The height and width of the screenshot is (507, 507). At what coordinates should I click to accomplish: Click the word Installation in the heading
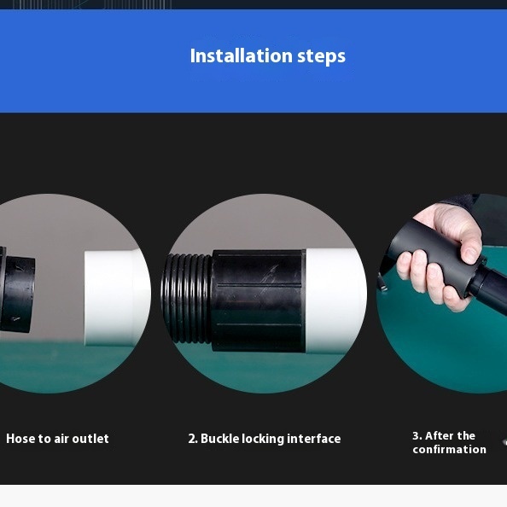point(242,55)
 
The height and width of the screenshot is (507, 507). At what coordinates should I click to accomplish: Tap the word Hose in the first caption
point(20,439)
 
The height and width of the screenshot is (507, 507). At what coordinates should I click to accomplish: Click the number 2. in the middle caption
point(193,439)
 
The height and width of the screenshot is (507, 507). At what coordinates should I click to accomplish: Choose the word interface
point(314,439)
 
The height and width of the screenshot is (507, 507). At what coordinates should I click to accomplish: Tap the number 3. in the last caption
point(417,436)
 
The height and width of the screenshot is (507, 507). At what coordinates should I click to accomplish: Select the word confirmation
point(450,450)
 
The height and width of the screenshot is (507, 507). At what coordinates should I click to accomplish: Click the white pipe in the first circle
point(117,298)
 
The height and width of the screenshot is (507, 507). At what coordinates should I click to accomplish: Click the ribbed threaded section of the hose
point(188,298)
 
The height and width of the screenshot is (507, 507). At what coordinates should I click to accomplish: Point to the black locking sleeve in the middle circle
point(258,300)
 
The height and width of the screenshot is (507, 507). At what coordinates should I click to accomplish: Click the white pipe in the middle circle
point(335,300)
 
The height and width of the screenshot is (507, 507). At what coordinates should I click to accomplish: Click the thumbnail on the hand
point(470,255)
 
